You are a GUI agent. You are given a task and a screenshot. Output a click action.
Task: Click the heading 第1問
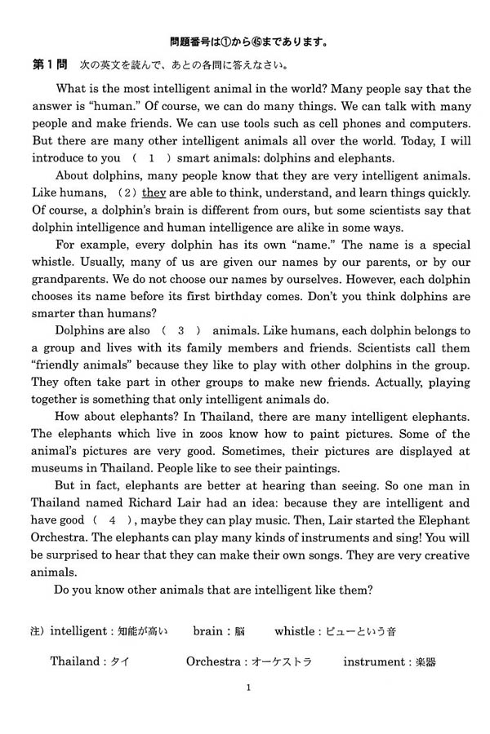coord(50,64)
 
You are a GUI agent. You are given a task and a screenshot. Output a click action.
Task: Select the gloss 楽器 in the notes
coord(425,662)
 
